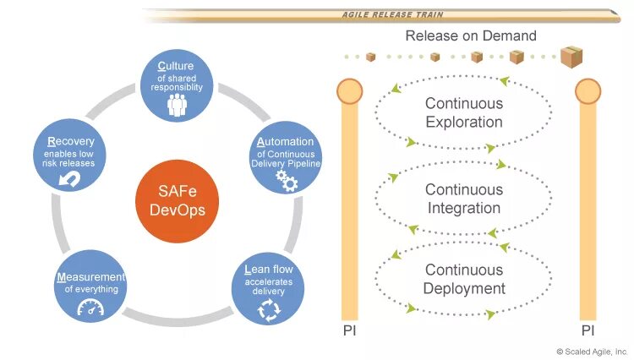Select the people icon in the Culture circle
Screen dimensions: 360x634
pos(177,105)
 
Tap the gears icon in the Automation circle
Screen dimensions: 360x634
pos(287,178)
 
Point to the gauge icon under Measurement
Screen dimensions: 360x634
pos(90,308)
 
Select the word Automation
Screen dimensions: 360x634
pos(285,141)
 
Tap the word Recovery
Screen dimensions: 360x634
pos(71,141)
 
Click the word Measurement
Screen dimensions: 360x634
pos(90,276)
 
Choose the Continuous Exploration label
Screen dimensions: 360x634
pos(463,112)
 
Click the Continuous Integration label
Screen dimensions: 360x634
pos(463,199)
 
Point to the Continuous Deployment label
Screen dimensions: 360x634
pos(464,279)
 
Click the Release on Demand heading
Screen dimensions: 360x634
pos(471,35)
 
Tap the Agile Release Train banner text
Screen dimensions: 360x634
pos(392,14)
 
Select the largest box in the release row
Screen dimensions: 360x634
pos(571,57)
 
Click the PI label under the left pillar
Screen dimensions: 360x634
pos(349,330)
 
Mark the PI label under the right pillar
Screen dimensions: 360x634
pos(588,330)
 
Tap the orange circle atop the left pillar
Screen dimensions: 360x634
pos(349,90)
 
